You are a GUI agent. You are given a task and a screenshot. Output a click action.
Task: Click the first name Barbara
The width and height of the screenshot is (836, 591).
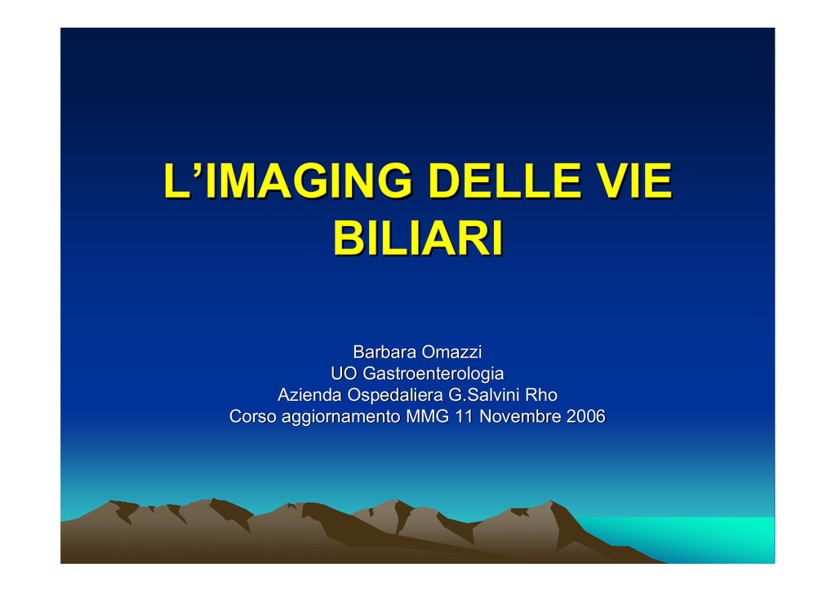[x=385, y=352]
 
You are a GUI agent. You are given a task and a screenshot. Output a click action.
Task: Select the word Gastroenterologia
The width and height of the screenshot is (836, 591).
[x=433, y=374]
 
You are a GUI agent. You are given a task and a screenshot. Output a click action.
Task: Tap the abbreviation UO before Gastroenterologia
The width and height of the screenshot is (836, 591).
[x=344, y=373]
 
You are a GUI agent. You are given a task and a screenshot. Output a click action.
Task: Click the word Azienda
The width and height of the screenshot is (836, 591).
[x=309, y=395]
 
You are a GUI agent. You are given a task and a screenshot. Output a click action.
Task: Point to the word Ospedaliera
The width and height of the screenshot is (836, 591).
[x=395, y=395]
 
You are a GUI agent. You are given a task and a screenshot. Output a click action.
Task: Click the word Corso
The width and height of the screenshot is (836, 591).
[x=253, y=416]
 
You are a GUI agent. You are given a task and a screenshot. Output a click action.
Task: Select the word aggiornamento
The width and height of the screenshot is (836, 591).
[x=341, y=417]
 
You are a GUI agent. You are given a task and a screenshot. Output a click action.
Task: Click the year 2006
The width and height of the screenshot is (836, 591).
[x=586, y=416]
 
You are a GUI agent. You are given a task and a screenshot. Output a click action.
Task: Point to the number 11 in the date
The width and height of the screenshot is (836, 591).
[x=464, y=416]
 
